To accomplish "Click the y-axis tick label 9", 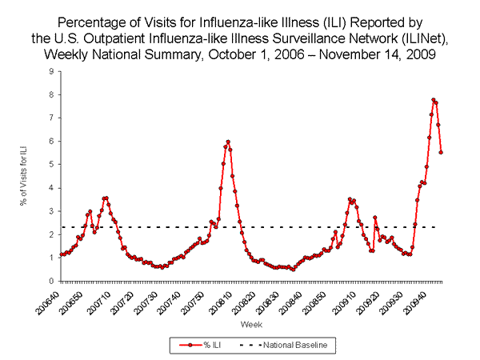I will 51,71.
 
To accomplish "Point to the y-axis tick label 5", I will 51,165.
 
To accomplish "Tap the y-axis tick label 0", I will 51,282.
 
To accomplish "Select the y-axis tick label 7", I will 51,118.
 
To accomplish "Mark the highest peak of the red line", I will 433,100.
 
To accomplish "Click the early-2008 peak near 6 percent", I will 228,142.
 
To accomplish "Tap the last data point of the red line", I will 442,152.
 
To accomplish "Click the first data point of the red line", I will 61,254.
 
